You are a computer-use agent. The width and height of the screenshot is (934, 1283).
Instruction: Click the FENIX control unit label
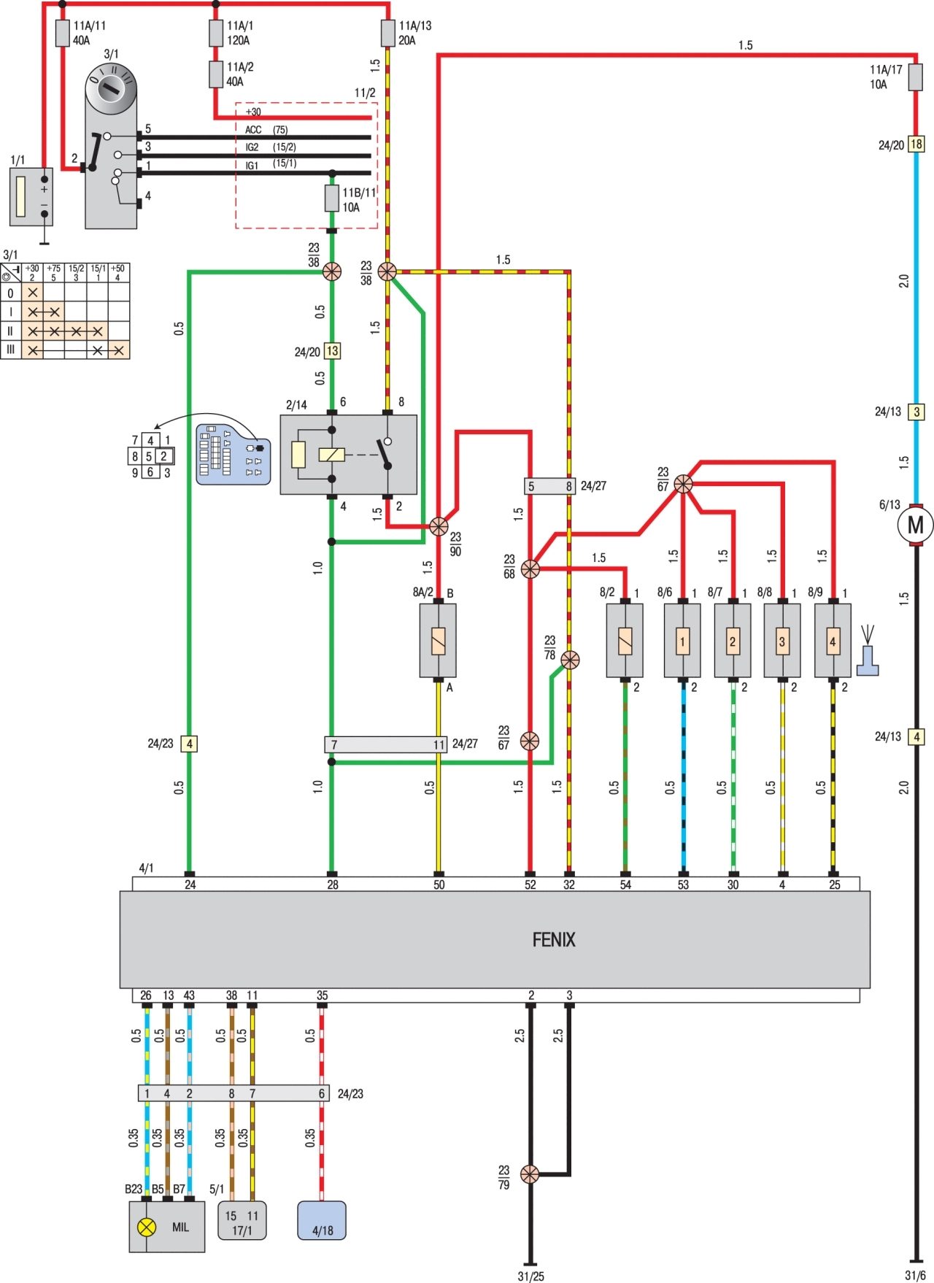(553, 939)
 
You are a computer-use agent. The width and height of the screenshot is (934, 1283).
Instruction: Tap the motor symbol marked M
(915, 524)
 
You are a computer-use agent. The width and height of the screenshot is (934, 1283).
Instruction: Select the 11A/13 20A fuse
(387, 33)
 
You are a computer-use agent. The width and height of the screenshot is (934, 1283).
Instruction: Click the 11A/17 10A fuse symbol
(915, 77)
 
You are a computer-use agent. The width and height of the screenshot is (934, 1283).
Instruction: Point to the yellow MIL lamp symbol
(147, 1227)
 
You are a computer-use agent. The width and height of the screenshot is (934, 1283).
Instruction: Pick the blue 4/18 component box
(321, 1220)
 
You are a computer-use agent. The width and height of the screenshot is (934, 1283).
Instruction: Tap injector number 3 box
(782, 641)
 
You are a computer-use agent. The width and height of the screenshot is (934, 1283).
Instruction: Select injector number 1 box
(682, 641)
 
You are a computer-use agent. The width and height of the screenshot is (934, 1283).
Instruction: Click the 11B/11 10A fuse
(332, 199)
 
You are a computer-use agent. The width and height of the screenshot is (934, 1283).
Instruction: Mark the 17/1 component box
(242, 1220)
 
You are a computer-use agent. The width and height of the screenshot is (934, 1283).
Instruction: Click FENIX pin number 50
(439, 885)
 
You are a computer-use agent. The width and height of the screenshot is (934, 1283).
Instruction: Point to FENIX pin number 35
(322, 995)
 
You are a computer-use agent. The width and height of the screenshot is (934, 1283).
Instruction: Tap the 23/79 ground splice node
(530, 1174)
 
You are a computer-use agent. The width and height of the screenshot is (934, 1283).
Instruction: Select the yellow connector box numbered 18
(916, 145)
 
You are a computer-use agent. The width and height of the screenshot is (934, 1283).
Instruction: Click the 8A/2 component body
(438, 641)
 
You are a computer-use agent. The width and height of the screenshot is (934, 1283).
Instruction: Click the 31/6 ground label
(915, 1275)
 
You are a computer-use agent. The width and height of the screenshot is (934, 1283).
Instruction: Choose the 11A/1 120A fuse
(215, 33)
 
